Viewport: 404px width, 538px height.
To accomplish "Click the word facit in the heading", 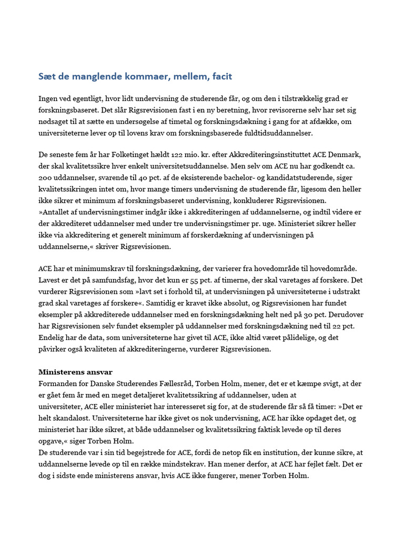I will (x=221, y=77).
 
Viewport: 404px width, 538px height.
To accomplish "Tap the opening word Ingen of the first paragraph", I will (x=48, y=98).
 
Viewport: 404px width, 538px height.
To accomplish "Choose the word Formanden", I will (x=57, y=384).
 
